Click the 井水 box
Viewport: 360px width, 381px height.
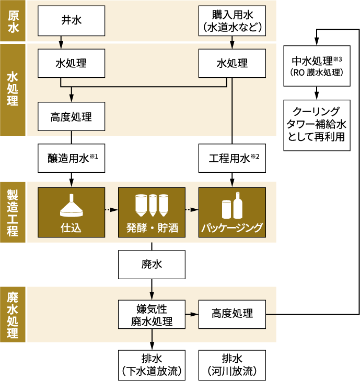(71, 21)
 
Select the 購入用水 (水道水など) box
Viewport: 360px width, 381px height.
(232, 21)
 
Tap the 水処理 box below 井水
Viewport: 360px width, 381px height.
(71, 64)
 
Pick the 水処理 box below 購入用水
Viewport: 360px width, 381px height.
(232, 64)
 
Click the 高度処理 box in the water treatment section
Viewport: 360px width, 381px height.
(71, 115)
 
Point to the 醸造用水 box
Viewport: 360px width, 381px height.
(71, 158)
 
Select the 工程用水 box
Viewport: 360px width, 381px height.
(232, 158)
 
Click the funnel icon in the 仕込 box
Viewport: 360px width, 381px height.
(71, 206)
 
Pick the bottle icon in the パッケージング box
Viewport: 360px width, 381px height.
(237, 205)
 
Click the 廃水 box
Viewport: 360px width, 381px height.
(152, 265)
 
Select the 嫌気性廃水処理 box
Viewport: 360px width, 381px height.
(152, 314)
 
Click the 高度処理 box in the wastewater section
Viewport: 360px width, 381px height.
(232, 314)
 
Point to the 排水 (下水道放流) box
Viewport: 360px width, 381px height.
(152, 365)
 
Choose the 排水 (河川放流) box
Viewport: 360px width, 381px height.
(232, 365)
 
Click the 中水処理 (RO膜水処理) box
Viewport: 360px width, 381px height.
(317, 67)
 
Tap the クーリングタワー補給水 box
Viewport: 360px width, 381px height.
(317, 125)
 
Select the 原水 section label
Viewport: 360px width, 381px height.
(14, 21)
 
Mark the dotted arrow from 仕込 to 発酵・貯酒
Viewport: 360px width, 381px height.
(111, 210)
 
